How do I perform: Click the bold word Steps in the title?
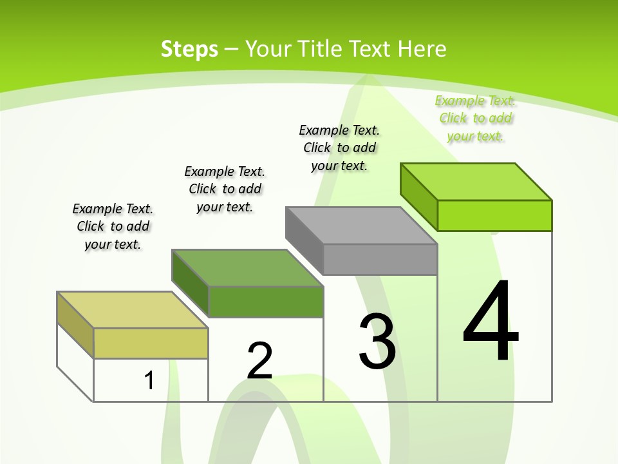click(x=189, y=49)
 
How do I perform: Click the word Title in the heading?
click(x=371, y=49)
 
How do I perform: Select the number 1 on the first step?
click(x=149, y=380)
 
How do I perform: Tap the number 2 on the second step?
click(x=259, y=361)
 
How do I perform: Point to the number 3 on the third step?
click(x=377, y=342)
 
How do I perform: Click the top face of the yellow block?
click(x=132, y=310)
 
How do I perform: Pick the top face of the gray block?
click(x=361, y=226)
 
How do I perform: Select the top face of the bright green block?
click(x=476, y=182)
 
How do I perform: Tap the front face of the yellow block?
click(x=151, y=343)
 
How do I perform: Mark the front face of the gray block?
click(x=380, y=259)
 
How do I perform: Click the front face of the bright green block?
click(x=494, y=215)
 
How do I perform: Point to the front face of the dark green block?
click(x=265, y=302)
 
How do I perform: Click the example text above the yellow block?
click(x=113, y=226)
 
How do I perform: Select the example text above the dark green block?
click(x=225, y=189)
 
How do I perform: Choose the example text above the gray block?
click(x=339, y=148)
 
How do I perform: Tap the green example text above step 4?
click(x=475, y=118)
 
